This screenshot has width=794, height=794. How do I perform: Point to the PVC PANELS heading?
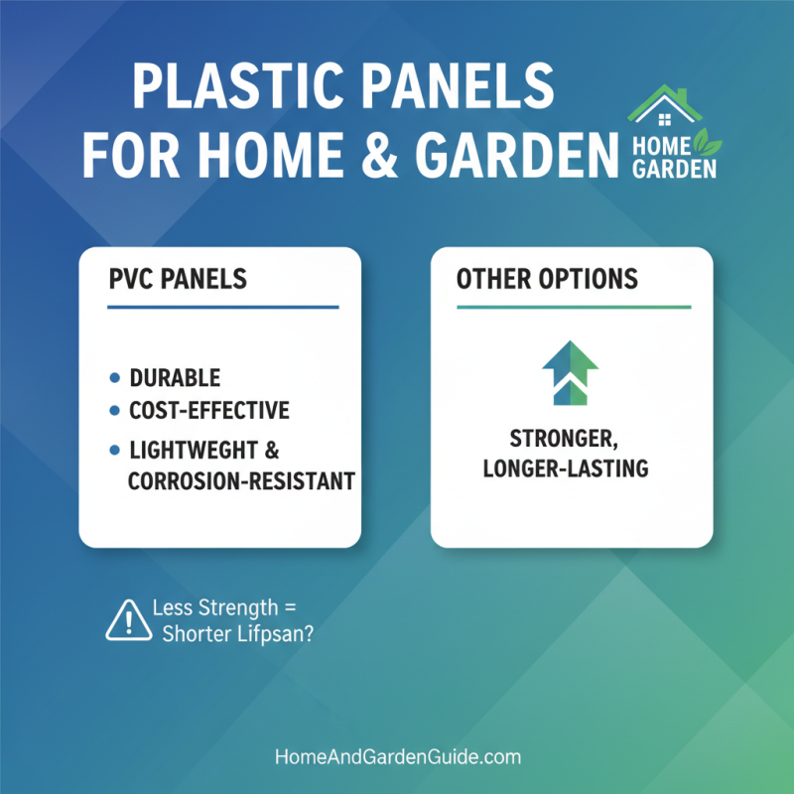pos(178,279)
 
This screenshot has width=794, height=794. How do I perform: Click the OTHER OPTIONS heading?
pos(547,279)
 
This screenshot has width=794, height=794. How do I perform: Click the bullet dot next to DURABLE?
pos(114,378)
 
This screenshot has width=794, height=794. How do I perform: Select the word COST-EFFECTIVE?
pos(210,410)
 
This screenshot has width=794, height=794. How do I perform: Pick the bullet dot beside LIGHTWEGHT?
pos(114,450)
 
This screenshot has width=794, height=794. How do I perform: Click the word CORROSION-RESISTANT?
pos(242,482)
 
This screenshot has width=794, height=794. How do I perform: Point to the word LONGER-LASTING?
pos(565,467)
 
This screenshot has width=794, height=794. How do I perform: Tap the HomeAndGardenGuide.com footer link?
pos(397,756)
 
